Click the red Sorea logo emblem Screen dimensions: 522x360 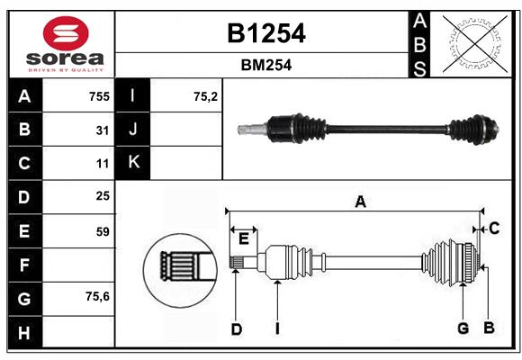[66, 33]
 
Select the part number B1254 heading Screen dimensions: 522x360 [266, 33]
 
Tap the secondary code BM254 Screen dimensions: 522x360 [266, 65]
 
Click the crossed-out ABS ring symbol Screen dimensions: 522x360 [475, 43]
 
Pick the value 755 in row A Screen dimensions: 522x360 [99, 96]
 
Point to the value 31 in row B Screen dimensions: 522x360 [103, 130]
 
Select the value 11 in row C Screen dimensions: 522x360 [103, 164]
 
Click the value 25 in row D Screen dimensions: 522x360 [103, 196]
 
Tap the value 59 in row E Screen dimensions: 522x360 [103, 231]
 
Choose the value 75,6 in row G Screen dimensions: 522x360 [97, 296]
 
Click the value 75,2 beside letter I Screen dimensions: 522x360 [205, 96]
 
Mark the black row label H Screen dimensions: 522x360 [25, 332]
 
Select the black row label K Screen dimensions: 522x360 [133, 162]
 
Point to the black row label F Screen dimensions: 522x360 [25, 265]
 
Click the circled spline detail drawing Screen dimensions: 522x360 [180, 270]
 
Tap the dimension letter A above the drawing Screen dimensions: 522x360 [361, 202]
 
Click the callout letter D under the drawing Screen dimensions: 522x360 [237, 329]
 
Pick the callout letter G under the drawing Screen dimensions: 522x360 [463, 328]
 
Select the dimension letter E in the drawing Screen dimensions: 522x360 [244, 238]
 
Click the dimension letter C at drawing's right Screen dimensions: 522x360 [494, 229]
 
